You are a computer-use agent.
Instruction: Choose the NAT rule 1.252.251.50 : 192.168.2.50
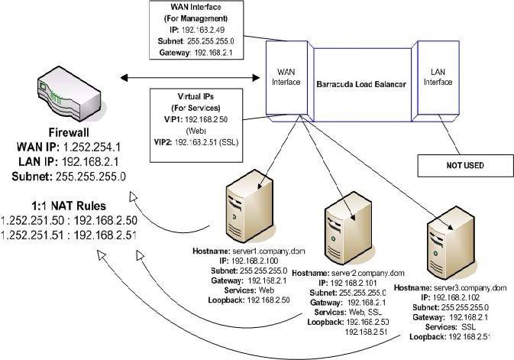tap(69, 219)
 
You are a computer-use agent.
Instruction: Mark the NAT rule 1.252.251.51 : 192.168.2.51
tap(69, 233)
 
